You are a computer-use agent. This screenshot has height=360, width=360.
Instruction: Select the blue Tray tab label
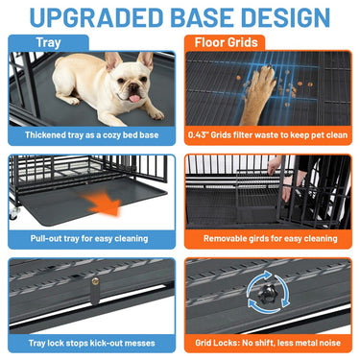click(x=48, y=42)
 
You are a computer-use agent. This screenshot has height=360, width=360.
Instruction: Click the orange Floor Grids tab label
click(x=227, y=42)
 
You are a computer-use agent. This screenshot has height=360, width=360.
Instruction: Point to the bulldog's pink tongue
click(x=134, y=98)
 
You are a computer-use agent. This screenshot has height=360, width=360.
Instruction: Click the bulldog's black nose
click(x=133, y=86)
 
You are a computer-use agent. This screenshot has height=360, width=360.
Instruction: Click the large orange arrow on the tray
click(x=103, y=204)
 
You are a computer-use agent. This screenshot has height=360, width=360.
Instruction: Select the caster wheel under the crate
click(x=13, y=212)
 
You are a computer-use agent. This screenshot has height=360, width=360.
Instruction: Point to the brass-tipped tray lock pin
click(x=95, y=291)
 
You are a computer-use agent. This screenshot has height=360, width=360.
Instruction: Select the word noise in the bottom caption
click(x=329, y=343)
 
